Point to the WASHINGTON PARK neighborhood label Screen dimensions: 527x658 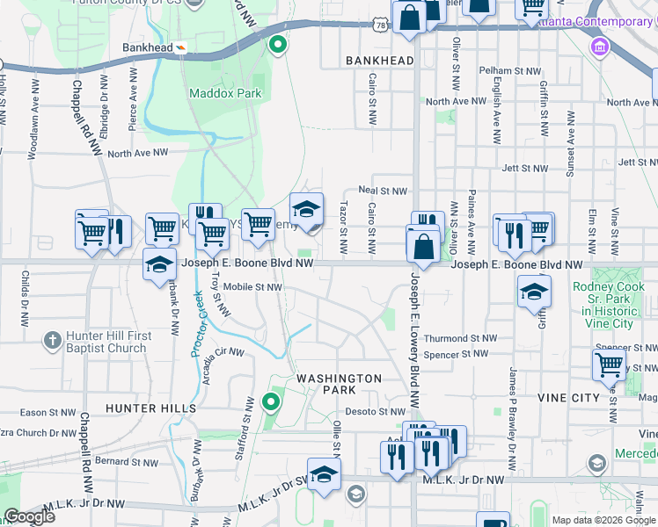[x=339, y=384]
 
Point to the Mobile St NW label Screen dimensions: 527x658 [x=252, y=287]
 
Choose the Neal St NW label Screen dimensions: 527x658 [x=384, y=191]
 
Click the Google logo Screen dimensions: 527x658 [x=29, y=516]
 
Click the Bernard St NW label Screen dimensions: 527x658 [x=128, y=461]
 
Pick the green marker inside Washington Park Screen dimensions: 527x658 [x=271, y=403]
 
